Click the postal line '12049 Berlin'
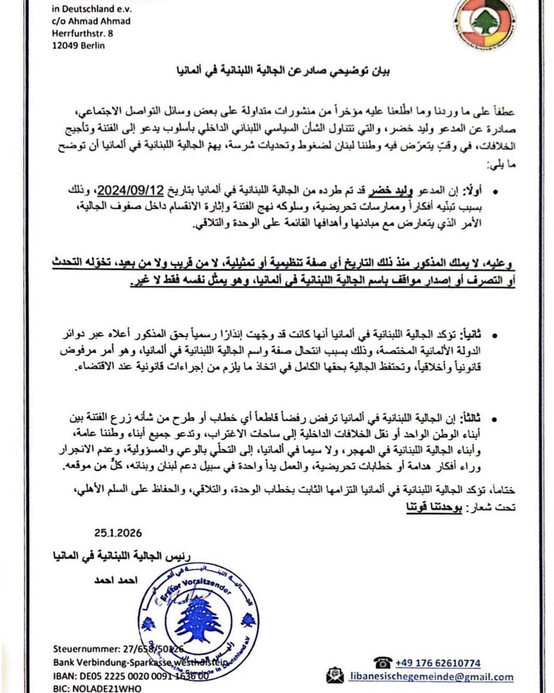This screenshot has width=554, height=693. [79, 46]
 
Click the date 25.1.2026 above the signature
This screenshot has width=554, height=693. [117, 533]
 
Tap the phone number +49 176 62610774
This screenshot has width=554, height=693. [437, 663]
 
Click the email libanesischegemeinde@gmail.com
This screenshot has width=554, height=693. [431, 677]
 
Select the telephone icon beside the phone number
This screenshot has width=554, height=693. [383, 662]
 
